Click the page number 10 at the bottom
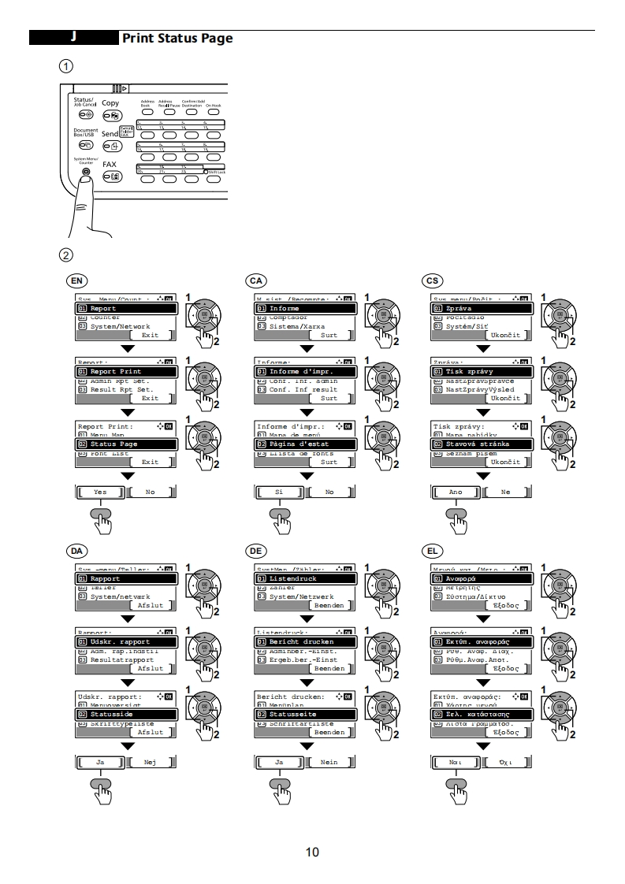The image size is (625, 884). [312, 852]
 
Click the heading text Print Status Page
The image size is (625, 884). [177, 38]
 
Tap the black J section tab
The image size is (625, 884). [73, 38]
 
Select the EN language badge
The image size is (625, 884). [76, 280]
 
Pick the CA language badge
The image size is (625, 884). [255, 280]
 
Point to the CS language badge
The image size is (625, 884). [432, 280]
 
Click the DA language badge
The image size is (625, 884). [76, 550]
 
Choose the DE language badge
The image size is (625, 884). [255, 550]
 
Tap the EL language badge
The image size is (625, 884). [432, 550]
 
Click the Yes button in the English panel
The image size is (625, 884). [100, 492]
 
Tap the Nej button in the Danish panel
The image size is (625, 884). [150, 762]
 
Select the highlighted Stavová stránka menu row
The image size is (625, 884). [480, 444]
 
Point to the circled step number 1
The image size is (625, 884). [69, 65]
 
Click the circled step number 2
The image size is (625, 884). [69, 255]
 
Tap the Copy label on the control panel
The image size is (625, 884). [110, 102]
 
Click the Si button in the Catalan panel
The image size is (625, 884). [279, 492]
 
